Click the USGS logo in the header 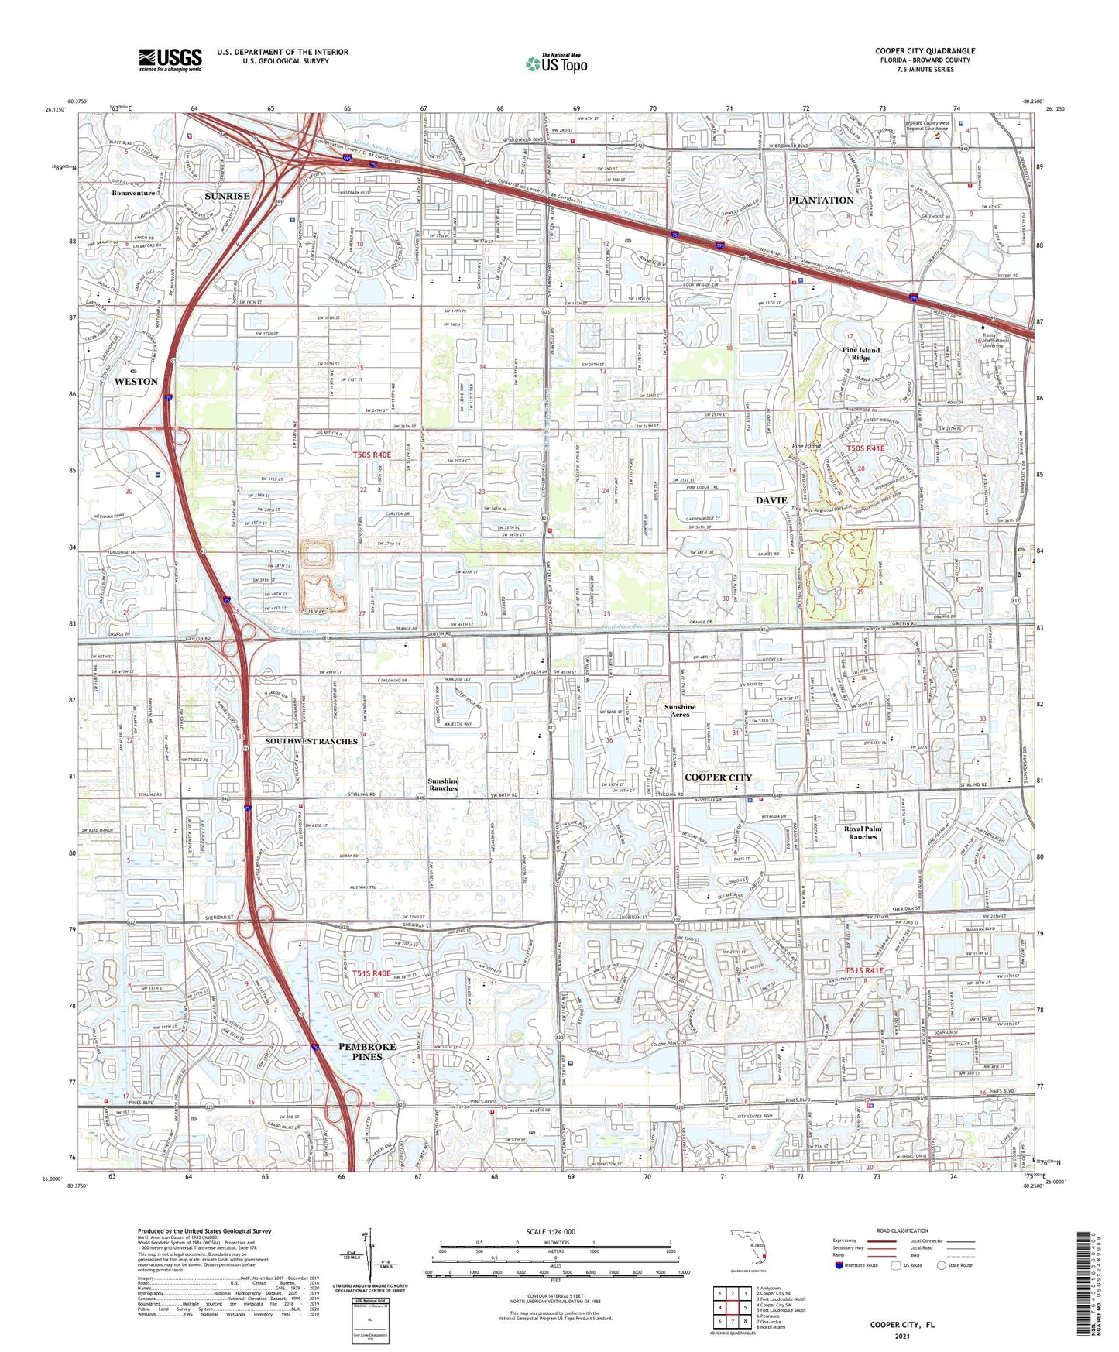[170, 60]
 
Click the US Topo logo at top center [556, 64]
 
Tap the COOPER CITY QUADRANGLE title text [925, 51]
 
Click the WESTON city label [136, 382]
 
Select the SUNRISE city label [227, 196]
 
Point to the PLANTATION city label [821, 200]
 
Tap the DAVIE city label [771, 500]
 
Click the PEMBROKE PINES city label [367, 1051]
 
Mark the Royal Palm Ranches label [863, 832]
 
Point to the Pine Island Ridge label [861, 354]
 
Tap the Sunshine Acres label [680, 710]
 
